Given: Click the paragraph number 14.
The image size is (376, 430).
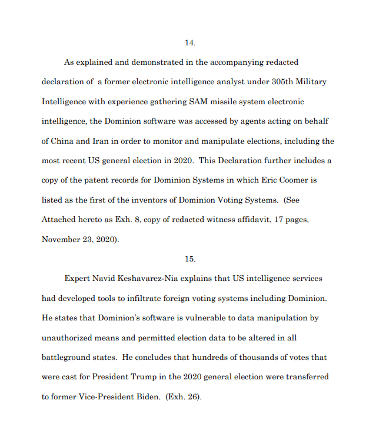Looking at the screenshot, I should click(x=189, y=43).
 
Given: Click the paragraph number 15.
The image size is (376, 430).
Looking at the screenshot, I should click(x=189, y=259).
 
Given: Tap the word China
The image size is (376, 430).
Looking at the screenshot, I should click(x=64, y=141).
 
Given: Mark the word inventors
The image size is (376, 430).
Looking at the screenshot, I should click(x=157, y=200).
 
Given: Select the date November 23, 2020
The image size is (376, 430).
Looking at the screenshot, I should click(x=79, y=240).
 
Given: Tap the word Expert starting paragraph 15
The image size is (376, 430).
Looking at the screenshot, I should click(x=78, y=279).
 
